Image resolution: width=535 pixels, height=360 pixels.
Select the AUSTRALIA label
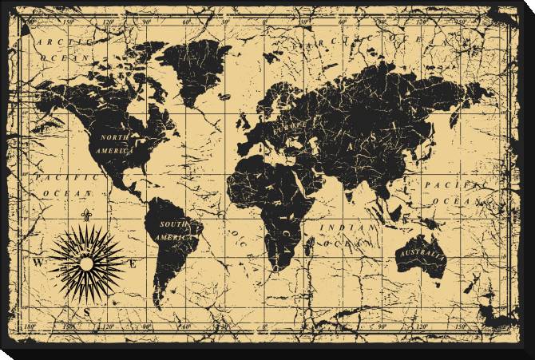point(420,254)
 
